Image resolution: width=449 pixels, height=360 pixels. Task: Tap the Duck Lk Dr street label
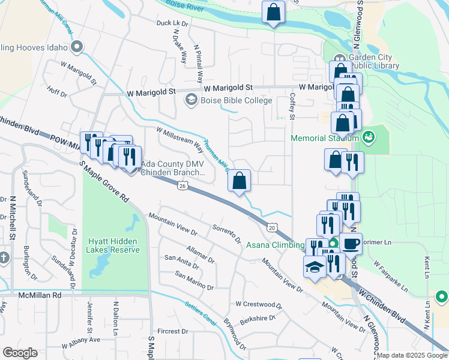click(x=172, y=23)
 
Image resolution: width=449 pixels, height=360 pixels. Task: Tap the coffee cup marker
click(x=352, y=244)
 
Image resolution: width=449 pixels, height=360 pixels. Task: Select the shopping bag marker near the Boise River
click(x=273, y=11)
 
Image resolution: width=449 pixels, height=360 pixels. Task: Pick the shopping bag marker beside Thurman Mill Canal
click(x=239, y=179)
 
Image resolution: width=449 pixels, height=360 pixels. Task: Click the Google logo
click(x=20, y=353)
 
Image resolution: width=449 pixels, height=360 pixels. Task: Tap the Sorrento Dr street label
click(x=227, y=232)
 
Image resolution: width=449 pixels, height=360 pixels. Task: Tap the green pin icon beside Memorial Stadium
click(x=368, y=137)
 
